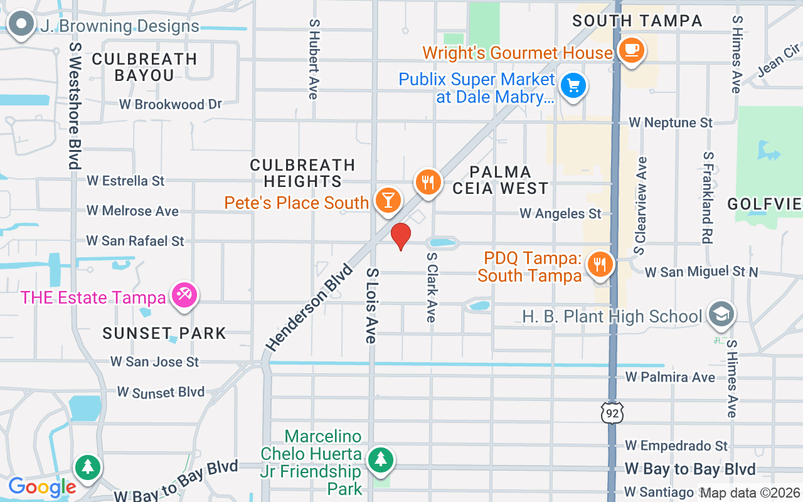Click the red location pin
click(400, 237)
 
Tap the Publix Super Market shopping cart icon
click(573, 86)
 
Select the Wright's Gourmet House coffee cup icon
click(631, 50)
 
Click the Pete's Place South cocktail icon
click(388, 200)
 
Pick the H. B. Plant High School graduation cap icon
click(721, 315)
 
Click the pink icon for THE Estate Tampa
click(184, 296)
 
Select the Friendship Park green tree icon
click(380, 460)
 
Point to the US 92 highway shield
click(611, 412)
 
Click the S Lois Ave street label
click(372, 306)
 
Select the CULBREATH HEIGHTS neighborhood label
click(302, 173)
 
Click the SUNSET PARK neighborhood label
click(164, 333)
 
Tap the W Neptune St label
click(671, 122)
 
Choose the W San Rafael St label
click(136, 240)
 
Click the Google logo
click(42, 486)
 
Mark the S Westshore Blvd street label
click(75, 105)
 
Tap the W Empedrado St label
click(676, 446)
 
